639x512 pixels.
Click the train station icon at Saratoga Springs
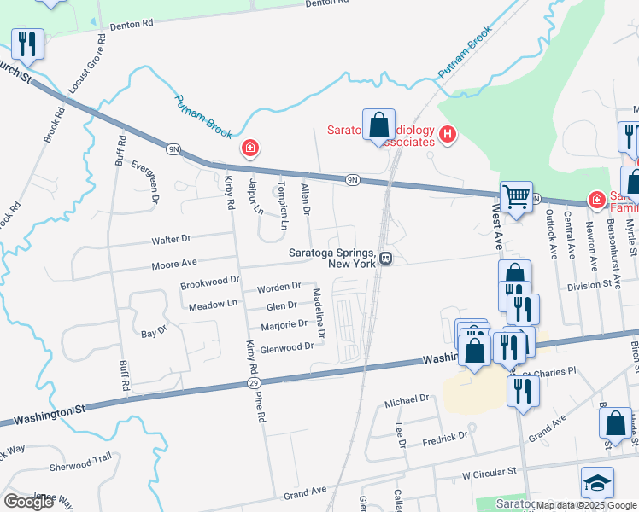[x=386, y=258]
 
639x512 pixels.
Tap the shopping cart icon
[x=516, y=196]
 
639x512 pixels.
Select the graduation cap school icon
[x=597, y=482]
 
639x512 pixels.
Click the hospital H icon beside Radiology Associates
[x=447, y=135]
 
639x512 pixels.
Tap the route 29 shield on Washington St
[x=254, y=384]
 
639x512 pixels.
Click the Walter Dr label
[x=171, y=239]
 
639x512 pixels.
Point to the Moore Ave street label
[x=174, y=264]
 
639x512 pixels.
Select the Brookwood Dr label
[x=209, y=281]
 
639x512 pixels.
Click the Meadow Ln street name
[x=213, y=304]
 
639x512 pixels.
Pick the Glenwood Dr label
[x=287, y=348]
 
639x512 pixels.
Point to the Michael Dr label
[x=406, y=399]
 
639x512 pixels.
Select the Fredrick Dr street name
[x=445, y=436]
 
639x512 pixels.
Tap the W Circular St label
[x=490, y=471]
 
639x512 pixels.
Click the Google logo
[x=29, y=502]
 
